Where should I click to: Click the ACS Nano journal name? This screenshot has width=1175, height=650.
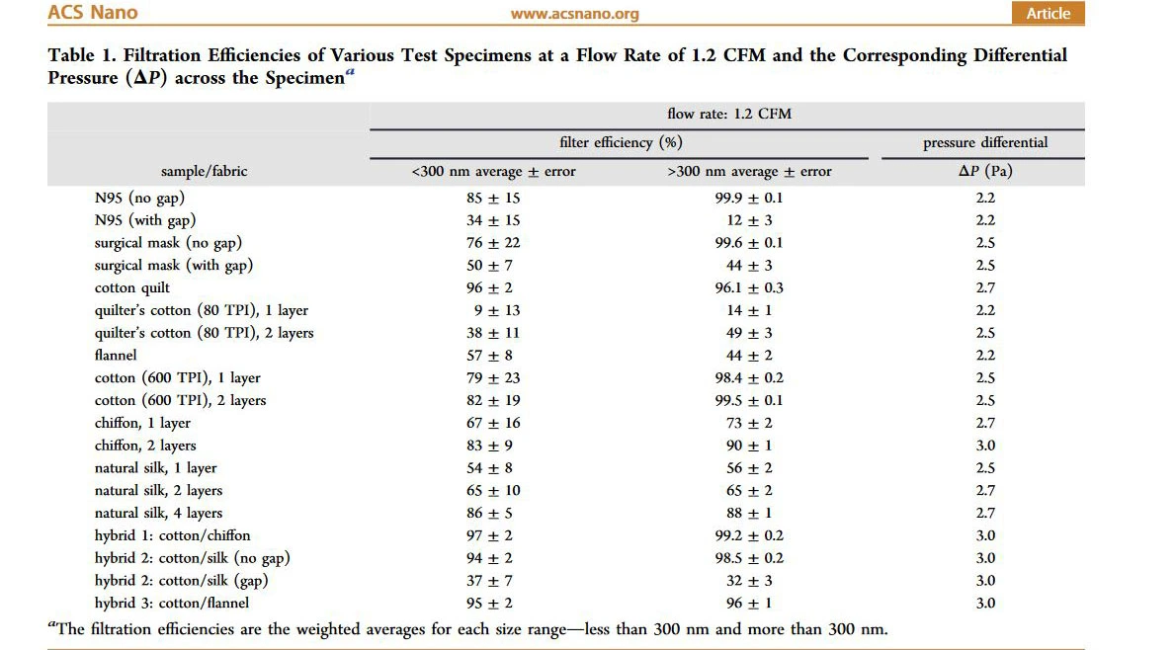92,13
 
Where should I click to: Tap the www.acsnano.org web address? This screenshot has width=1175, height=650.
574,14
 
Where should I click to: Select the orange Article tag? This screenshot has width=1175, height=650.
1048,13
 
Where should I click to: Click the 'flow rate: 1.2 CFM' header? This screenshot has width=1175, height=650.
728,114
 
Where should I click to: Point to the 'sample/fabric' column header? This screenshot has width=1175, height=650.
205,171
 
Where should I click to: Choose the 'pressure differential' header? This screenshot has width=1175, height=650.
985,142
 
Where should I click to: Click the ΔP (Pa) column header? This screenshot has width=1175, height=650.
985,171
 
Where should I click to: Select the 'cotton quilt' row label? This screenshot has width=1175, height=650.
132,287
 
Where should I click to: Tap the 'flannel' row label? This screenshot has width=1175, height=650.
116,355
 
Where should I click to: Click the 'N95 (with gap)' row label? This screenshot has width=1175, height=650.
145,220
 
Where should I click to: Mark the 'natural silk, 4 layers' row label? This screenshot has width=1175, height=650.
158,513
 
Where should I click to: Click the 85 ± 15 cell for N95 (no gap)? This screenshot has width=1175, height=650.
493,198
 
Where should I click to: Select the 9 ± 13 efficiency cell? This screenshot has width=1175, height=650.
493,310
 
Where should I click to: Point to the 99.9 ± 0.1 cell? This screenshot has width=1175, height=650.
748,198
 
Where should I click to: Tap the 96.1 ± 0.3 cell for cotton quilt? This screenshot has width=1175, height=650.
748,287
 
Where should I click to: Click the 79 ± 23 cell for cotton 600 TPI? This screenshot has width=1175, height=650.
493,377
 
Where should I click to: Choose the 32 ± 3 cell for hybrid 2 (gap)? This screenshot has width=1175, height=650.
748,581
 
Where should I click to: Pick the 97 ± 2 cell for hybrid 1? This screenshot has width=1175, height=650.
493,535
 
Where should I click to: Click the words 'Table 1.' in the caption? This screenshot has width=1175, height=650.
85,55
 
